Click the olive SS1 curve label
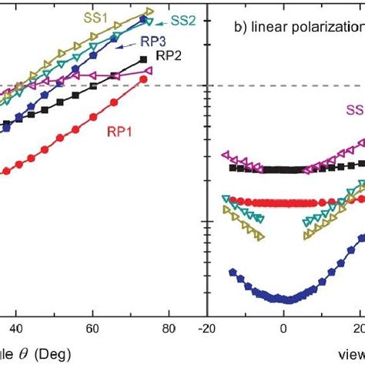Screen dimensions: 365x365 click(x=95, y=15)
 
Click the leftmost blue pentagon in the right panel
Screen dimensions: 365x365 click(x=232, y=271)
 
